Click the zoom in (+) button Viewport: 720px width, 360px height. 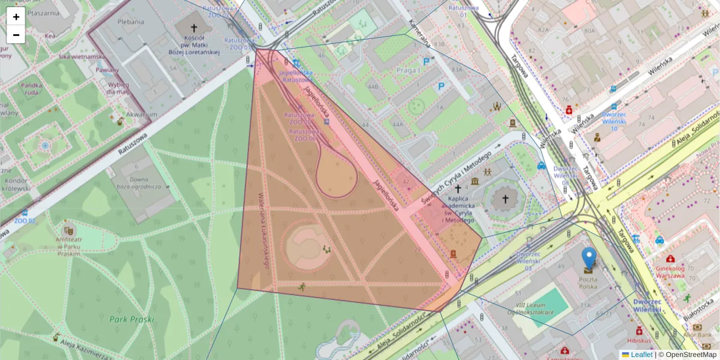(x=16, y=17)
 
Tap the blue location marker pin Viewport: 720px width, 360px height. (x=589, y=258)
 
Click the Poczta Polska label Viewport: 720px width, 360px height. (x=588, y=283)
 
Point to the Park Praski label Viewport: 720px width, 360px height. (x=132, y=320)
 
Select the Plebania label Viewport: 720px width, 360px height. (x=131, y=22)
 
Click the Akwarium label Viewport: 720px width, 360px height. (x=142, y=115)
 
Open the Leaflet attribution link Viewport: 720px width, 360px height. (x=641, y=355)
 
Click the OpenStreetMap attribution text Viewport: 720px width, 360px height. (x=691, y=355)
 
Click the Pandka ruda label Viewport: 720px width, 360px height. (x=31, y=89)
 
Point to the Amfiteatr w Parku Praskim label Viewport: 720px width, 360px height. (x=68, y=246)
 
